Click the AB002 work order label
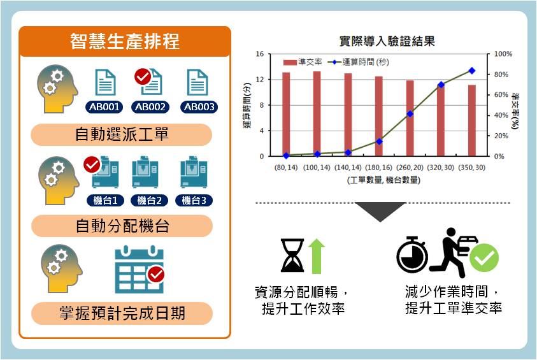pos(150,107)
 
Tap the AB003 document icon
pos(197,82)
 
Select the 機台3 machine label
pos(194,200)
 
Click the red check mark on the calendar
pos(156,275)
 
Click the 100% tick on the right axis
pos(503,54)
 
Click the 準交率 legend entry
pos(303,62)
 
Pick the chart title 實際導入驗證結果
pos(387,41)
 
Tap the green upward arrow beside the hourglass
pos(317,256)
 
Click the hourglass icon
pos(292,256)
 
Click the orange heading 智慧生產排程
pos(125,41)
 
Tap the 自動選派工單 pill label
pos(122,134)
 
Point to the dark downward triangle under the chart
pos(380,212)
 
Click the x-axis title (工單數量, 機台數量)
pos(383,180)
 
